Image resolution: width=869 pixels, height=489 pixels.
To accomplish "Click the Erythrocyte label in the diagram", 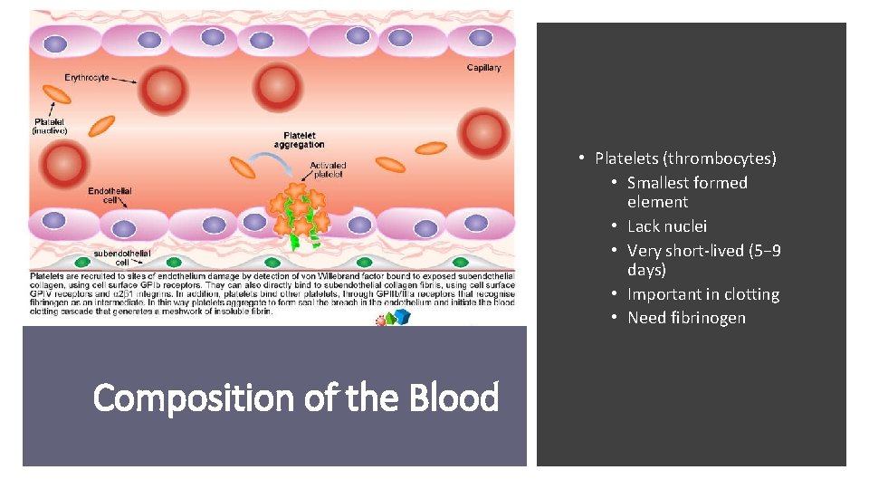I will (86, 78).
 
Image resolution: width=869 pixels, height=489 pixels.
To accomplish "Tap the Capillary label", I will (483, 68).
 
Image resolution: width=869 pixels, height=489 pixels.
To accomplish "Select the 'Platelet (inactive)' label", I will (51, 126).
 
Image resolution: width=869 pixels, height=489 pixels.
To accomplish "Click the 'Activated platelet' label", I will (327, 170).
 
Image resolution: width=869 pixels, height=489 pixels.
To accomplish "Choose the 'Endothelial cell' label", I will (110, 196).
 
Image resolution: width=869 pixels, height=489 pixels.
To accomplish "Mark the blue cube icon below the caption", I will (402, 317).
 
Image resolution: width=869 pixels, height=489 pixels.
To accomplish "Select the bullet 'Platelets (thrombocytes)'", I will (685, 158).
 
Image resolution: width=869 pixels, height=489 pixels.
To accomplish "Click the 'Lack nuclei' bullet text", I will (667, 226).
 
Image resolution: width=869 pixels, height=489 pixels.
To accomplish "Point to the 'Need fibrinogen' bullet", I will (686, 318).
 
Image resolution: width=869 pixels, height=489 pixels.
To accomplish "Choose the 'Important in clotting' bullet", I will (703, 294).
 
